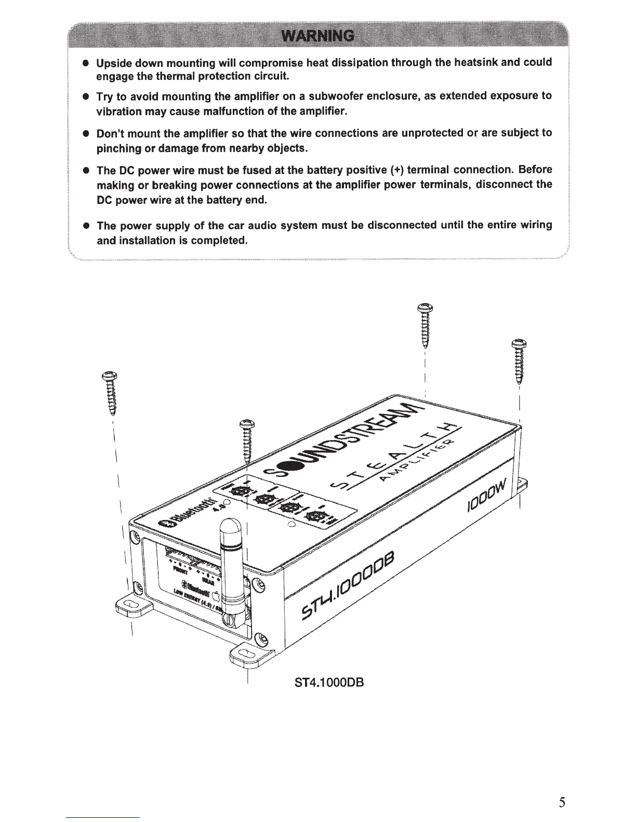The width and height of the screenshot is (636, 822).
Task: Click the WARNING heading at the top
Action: tap(317, 36)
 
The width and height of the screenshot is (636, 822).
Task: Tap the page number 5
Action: tap(562, 802)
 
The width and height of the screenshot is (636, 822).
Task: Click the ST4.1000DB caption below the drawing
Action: tap(329, 681)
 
